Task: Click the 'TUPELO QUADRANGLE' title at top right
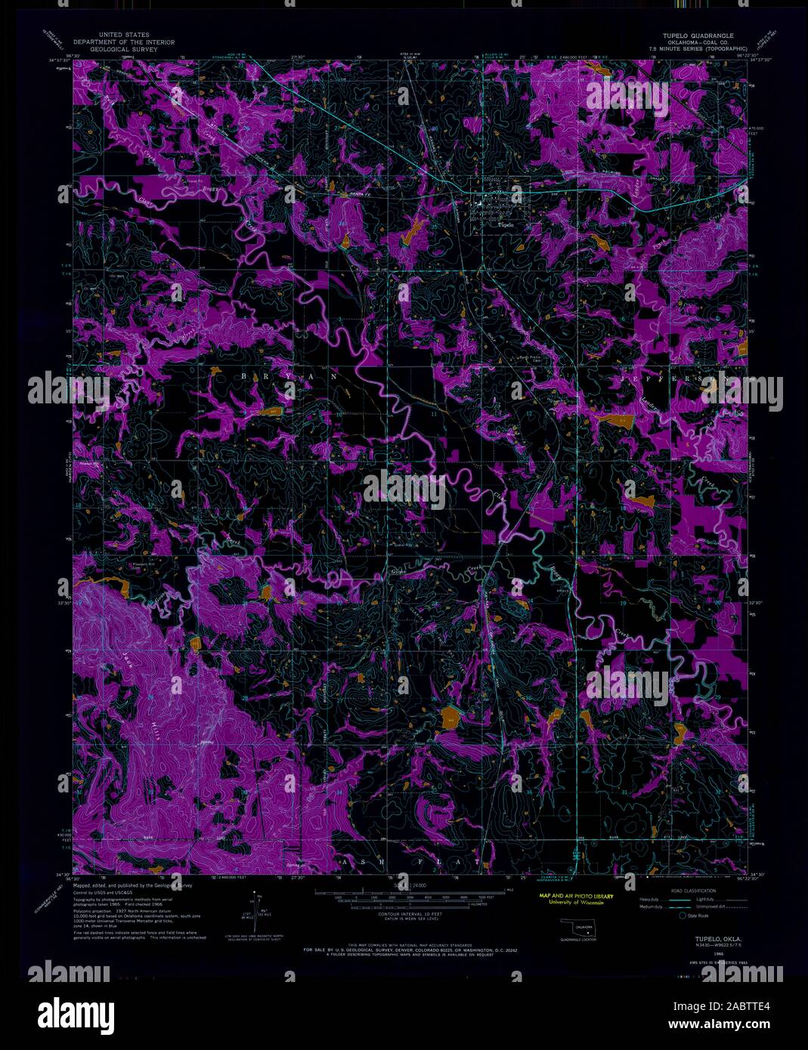coord(702,36)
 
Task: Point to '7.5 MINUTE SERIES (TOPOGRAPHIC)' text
coord(702,48)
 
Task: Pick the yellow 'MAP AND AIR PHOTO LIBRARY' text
coord(576,896)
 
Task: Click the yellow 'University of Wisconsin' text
coord(576,903)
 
